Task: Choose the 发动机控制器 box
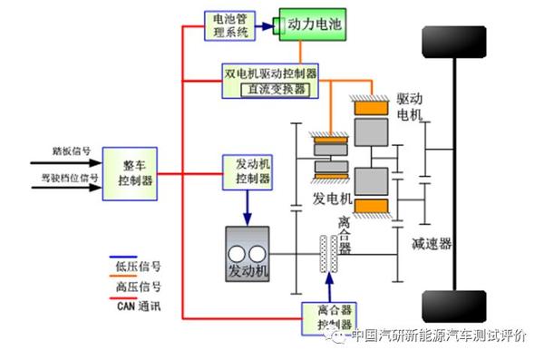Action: point(247,170)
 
